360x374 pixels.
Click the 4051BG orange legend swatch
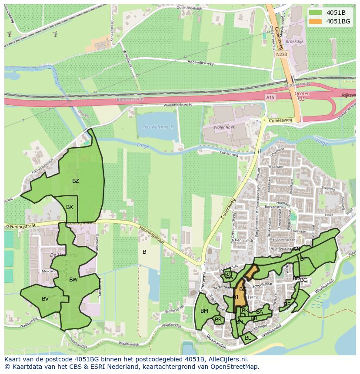tap(317, 21)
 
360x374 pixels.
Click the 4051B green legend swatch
tap(317, 13)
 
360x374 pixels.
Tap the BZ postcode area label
tap(76, 181)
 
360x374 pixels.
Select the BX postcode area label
tap(70, 207)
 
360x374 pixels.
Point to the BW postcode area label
tap(73, 280)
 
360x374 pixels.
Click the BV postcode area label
tap(45, 298)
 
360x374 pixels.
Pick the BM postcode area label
tap(204, 311)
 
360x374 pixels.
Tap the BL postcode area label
tap(248, 338)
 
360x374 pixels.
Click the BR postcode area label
tap(218, 320)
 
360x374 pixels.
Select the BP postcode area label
tap(303, 258)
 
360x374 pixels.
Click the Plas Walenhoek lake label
tap(157, 127)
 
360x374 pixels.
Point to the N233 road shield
tap(282, 55)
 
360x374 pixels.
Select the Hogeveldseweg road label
tap(200, 63)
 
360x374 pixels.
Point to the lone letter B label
tap(144, 252)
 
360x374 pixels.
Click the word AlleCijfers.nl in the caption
tap(227, 359)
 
